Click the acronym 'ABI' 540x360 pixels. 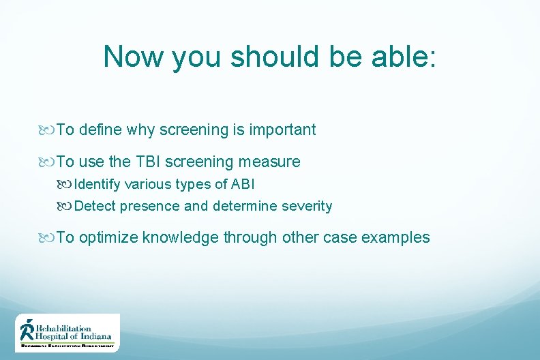coord(243,184)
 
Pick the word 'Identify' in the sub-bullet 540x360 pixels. coord(99,184)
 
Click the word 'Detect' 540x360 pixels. coord(95,206)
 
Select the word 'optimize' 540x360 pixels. coord(110,237)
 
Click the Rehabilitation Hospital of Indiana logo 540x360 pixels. coord(67,333)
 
